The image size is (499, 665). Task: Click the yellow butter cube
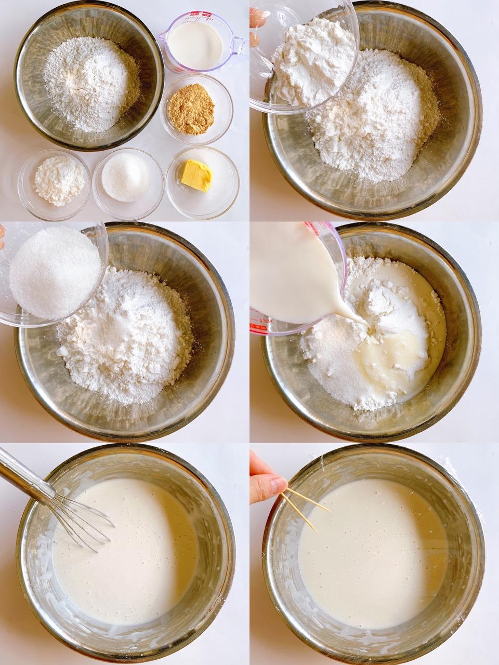tap(196, 176)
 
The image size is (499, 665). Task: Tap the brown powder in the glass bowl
tap(191, 109)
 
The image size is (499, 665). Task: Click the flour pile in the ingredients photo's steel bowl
tap(91, 83)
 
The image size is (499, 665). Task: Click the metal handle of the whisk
tap(23, 473)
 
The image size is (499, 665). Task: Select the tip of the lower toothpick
tap(315, 530)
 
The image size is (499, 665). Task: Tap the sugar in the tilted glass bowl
tap(55, 272)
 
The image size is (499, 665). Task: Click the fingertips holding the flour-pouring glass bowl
tap(255, 21)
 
